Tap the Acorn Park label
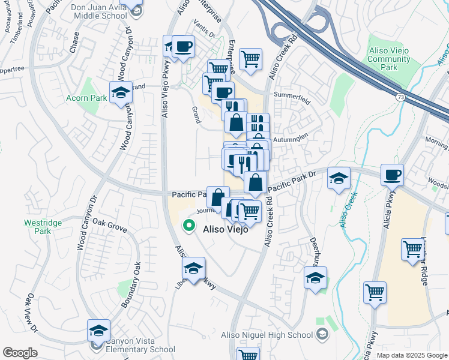tap(86, 98)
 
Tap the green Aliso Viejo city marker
tap(189, 226)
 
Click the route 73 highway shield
tap(400, 97)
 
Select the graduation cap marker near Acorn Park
tap(121, 94)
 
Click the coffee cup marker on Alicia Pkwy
tap(392, 175)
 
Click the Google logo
tap(20, 353)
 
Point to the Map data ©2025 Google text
tap(412, 355)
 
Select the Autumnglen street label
tap(291, 139)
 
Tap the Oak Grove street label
tap(109, 229)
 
